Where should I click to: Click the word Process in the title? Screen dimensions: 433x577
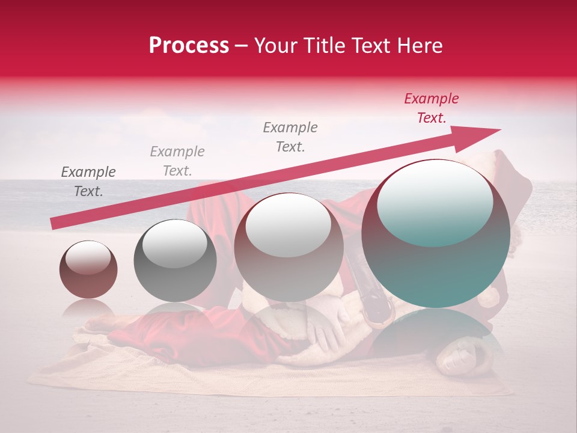point(189,46)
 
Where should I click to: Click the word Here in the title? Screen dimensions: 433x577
point(420,46)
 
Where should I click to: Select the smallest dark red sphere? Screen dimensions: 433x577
point(88,269)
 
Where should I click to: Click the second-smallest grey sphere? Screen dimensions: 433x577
point(175,260)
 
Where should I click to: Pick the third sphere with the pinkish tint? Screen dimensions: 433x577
point(288,247)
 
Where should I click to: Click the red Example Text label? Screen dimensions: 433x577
point(431,108)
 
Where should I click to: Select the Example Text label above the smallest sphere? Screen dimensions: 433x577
point(88,182)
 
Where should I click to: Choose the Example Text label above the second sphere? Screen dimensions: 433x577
point(177,161)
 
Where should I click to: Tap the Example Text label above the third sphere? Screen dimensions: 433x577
point(290,137)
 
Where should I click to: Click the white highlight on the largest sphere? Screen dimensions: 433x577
point(435,203)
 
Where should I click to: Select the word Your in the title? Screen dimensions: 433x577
point(276,46)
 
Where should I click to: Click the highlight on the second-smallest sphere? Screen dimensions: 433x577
point(175,244)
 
